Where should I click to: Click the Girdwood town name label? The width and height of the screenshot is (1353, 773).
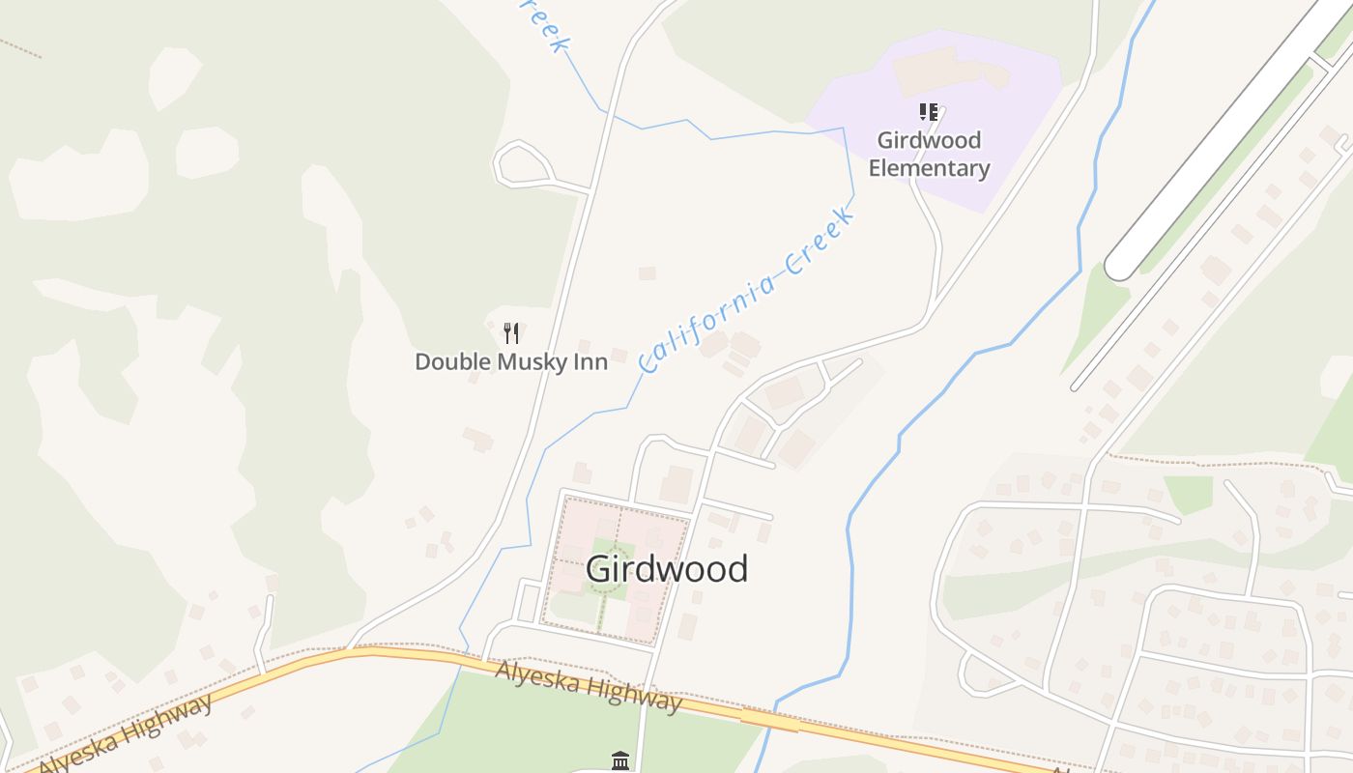point(666,569)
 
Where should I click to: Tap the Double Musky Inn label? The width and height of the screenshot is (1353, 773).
point(511,362)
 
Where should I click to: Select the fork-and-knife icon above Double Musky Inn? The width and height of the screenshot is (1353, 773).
point(512,333)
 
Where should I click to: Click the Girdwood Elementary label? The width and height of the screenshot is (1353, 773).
point(928,155)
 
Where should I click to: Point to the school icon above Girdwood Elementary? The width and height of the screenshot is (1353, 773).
point(929,112)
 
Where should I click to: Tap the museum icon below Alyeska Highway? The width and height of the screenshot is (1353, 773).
point(620,760)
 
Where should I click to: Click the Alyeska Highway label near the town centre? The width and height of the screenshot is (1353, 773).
point(588,685)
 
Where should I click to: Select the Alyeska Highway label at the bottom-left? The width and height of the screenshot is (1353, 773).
point(126,734)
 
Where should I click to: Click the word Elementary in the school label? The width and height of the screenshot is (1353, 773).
point(928,168)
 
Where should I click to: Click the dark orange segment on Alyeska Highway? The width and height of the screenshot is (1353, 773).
point(769,720)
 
